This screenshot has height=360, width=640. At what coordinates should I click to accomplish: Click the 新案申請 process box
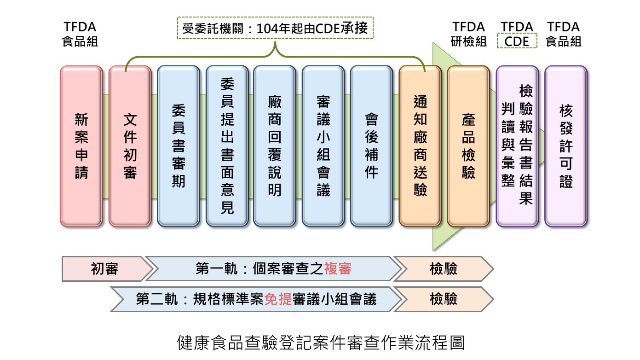pyautogui.click(x=81, y=146)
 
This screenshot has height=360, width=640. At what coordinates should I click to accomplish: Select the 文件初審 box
pyautogui.click(x=130, y=146)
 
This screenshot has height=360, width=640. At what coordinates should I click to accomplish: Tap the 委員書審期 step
pyautogui.click(x=179, y=146)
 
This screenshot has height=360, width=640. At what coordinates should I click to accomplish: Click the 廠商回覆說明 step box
pyautogui.click(x=275, y=146)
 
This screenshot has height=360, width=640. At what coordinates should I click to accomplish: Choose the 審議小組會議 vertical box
pyautogui.click(x=323, y=146)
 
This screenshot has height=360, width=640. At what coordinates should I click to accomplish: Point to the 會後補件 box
pyautogui.click(x=371, y=146)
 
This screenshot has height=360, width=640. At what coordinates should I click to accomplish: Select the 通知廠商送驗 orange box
pyautogui.click(x=420, y=146)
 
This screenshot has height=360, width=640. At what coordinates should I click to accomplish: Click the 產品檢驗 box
pyautogui.click(x=468, y=146)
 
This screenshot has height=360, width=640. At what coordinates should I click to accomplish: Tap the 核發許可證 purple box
pyautogui.click(x=566, y=146)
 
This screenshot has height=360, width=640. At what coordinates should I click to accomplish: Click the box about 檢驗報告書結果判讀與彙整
pyautogui.click(x=517, y=146)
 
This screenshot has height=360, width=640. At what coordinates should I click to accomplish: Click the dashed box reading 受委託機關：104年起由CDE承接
pyautogui.click(x=275, y=28)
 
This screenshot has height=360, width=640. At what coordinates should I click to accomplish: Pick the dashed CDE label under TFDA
pyautogui.click(x=517, y=41)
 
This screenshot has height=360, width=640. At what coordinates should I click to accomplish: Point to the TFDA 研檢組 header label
pyautogui.click(x=468, y=34)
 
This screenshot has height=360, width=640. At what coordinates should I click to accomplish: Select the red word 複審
pyautogui.click(x=338, y=269)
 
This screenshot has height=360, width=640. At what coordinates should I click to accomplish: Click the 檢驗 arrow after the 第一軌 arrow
pyautogui.click(x=444, y=269)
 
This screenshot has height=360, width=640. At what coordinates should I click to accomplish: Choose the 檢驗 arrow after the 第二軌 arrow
pyautogui.click(x=444, y=299)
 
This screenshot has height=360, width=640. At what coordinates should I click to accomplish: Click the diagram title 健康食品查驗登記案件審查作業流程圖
pyautogui.click(x=321, y=343)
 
